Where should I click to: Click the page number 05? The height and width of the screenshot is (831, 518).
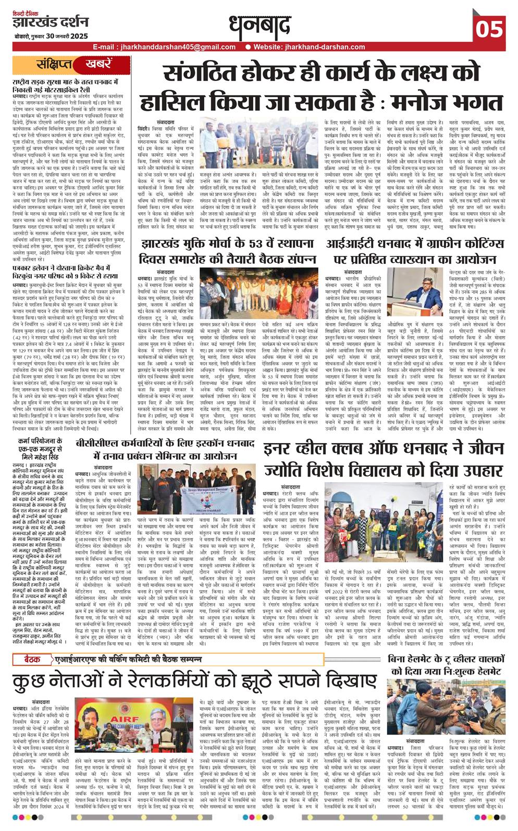(x=489, y=28)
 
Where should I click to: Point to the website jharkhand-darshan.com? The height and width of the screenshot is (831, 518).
(x=324, y=47)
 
